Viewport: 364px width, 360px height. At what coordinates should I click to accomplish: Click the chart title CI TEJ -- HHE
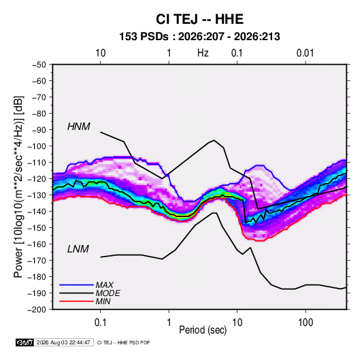tap(199, 19)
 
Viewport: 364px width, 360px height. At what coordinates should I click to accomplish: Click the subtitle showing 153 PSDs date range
tap(199, 37)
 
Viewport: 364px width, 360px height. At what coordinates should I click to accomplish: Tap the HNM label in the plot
tap(79, 127)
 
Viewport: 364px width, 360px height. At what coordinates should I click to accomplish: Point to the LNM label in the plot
tap(78, 249)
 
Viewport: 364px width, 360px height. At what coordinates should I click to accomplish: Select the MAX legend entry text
tap(105, 285)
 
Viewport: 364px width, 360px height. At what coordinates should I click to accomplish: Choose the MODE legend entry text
tap(107, 293)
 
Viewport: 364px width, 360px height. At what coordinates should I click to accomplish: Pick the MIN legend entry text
tap(103, 301)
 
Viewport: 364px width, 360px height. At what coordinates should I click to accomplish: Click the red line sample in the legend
tap(76, 301)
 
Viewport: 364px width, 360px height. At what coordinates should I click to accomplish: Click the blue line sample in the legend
tap(76, 285)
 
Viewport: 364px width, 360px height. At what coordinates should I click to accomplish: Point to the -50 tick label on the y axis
tap(39, 65)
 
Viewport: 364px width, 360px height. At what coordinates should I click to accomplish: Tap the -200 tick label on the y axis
tap(37, 310)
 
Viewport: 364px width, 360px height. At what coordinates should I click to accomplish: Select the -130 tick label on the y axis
tap(37, 195)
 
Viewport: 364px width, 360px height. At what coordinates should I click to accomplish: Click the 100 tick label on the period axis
tap(305, 323)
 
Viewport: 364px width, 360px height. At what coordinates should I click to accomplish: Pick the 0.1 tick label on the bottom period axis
tap(100, 323)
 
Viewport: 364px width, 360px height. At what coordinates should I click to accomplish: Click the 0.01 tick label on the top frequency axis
tap(305, 53)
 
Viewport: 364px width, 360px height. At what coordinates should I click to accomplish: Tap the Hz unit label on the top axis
tap(203, 53)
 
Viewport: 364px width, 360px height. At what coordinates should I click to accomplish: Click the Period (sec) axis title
tap(203, 330)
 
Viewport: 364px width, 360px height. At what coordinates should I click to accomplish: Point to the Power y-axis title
tap(18, 186)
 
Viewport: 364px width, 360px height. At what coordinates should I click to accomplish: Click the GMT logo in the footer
tap(24, 342)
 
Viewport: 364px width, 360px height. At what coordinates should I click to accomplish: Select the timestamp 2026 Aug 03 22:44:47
tap(63, 342)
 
